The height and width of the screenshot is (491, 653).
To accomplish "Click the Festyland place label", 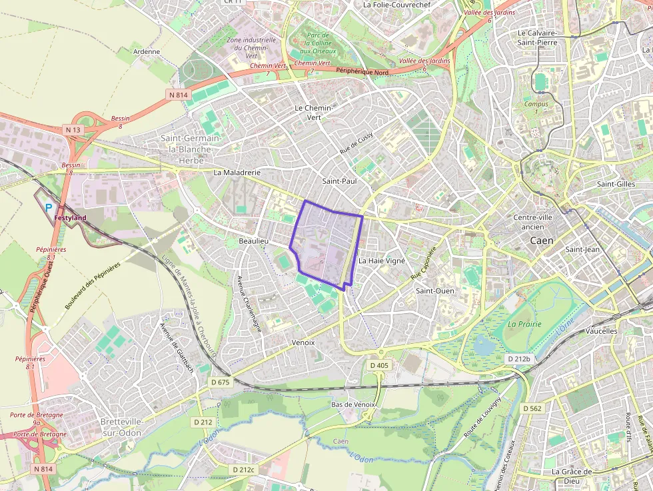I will (71, 218).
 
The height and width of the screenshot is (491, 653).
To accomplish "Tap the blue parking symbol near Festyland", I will (49, 208).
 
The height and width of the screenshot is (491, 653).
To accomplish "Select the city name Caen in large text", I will (541, 240).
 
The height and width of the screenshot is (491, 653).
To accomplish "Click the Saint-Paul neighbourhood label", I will (339, 181).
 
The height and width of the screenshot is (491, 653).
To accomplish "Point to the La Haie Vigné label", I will (381, 260).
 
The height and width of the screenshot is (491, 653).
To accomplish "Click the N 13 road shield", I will (73, 129).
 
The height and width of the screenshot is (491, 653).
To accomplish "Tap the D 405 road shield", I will (378, 365).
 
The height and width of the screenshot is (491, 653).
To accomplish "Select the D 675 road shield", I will (220, 382).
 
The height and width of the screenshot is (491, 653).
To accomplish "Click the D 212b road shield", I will (519, 359).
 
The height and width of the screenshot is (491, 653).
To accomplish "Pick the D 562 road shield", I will (532, 408).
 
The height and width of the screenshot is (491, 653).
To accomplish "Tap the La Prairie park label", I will (524, 324).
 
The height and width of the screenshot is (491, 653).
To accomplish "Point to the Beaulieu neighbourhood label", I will (253, 240).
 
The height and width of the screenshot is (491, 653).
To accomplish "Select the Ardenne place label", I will (147, 51).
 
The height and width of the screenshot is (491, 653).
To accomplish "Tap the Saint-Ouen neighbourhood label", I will (435, 290).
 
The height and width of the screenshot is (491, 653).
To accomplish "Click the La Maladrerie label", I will (237, 172).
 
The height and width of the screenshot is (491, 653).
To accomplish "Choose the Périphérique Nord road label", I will (362, 71).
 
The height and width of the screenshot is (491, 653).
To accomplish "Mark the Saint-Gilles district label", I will (616, 184).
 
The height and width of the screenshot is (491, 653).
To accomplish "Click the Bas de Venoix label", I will (354, 404).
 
